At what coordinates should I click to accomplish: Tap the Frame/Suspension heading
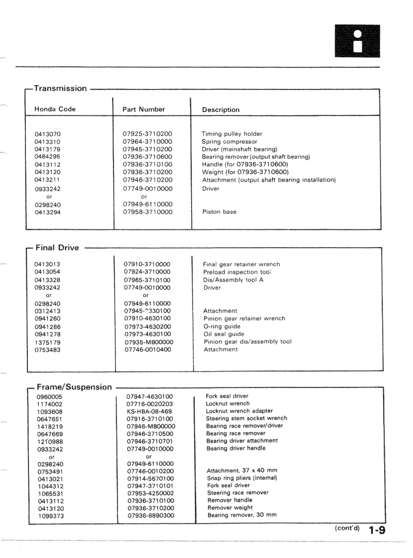pos(74,387)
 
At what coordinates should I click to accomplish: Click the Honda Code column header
pos(55,109)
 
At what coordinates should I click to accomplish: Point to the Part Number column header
pos(144,109)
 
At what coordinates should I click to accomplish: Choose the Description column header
pos(220,110)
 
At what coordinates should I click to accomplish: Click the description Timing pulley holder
pos(232,134)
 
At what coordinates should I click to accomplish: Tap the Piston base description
pos(219,212)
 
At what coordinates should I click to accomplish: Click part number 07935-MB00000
pos(148,342)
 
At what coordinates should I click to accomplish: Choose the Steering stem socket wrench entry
pos(246,418)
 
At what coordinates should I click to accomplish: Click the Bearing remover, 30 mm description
pos(244,515)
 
